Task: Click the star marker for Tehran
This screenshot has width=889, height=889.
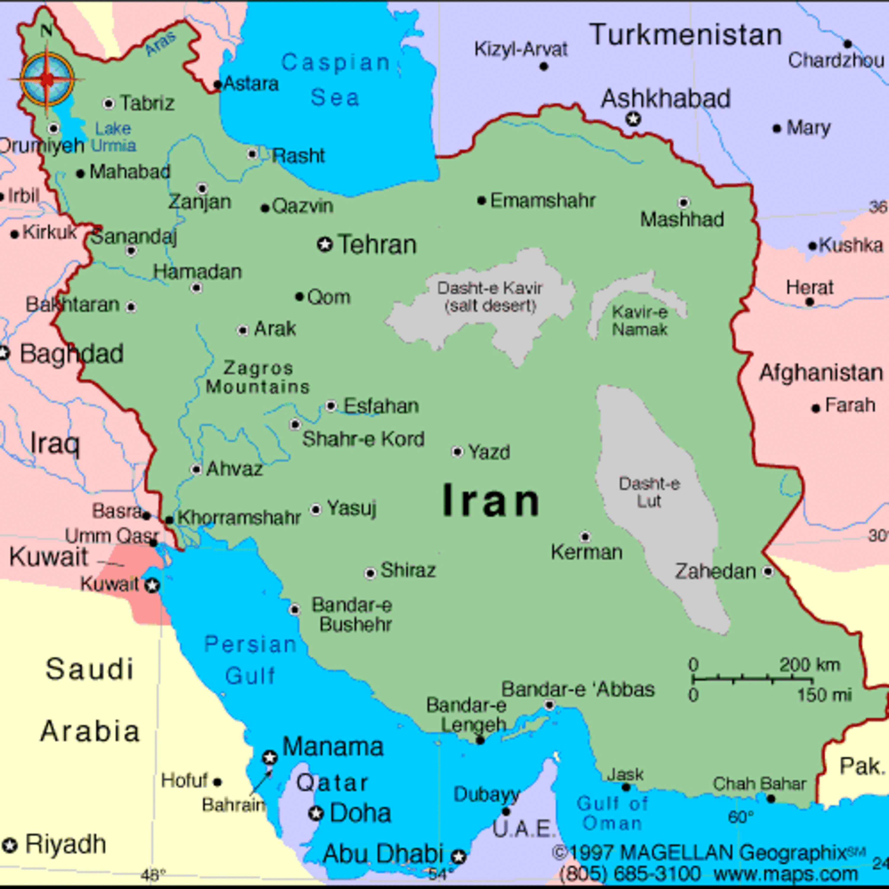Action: point(325,244)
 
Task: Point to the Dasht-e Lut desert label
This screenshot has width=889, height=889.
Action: point(649,492)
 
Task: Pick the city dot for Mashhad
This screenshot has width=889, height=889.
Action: point(683,202)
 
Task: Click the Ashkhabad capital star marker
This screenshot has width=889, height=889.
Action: point(634,119)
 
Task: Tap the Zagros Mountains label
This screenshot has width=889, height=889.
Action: point(258,377)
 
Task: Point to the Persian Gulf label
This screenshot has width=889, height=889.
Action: point(250,660)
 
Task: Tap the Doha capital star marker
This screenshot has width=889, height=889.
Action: point(316,813)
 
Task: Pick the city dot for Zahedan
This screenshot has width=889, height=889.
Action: point(768,572)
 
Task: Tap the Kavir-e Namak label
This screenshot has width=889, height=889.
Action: point(639,321)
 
